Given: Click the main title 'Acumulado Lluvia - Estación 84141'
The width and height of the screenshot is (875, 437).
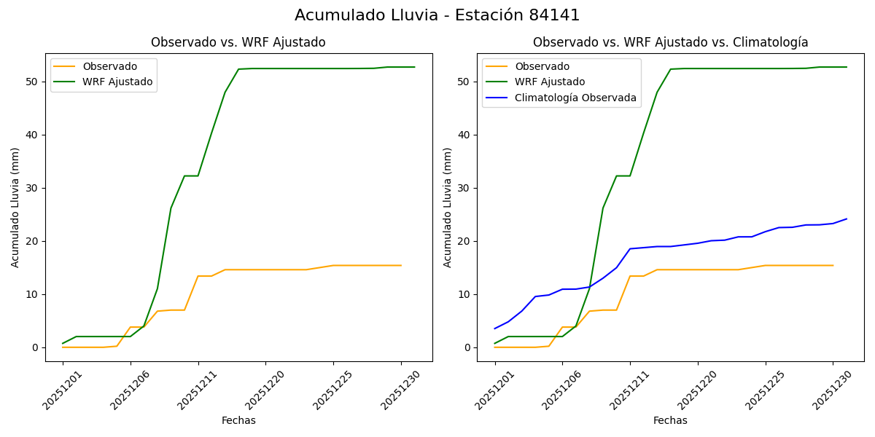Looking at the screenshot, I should (437, 15).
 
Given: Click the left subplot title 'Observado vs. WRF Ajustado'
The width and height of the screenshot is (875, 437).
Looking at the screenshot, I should (238, 42).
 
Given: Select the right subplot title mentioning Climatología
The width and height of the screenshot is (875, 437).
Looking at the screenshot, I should (670, 42).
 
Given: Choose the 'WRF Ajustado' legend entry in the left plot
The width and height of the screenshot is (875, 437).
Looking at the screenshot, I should (117, 82).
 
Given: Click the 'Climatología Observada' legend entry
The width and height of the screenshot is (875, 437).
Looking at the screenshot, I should (575, 98).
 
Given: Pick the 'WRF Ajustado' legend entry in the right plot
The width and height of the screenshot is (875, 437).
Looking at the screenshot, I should (550, 82).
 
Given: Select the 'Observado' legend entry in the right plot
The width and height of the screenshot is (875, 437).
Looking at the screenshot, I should (542, 66).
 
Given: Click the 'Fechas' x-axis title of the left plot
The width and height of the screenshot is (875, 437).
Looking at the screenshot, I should (238, 420).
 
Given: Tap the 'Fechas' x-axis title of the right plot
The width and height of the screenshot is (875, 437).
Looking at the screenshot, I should (670, 420).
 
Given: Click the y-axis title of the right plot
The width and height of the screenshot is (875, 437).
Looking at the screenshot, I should (448, 208).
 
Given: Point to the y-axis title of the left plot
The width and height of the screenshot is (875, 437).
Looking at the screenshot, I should (15, 208).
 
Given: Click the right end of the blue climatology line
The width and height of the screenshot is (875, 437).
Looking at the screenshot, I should (847, 219).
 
